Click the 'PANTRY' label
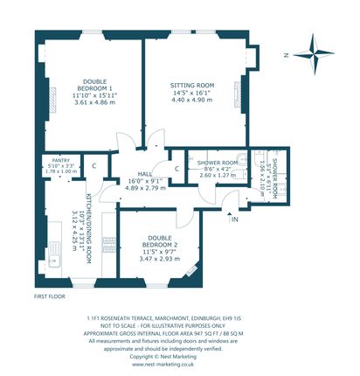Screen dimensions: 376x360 coord(59,159)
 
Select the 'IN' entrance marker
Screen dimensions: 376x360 coord(234,219)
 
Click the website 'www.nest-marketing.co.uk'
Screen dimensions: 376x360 coord(180,365)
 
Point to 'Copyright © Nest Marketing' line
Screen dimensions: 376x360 coord(180,357)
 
